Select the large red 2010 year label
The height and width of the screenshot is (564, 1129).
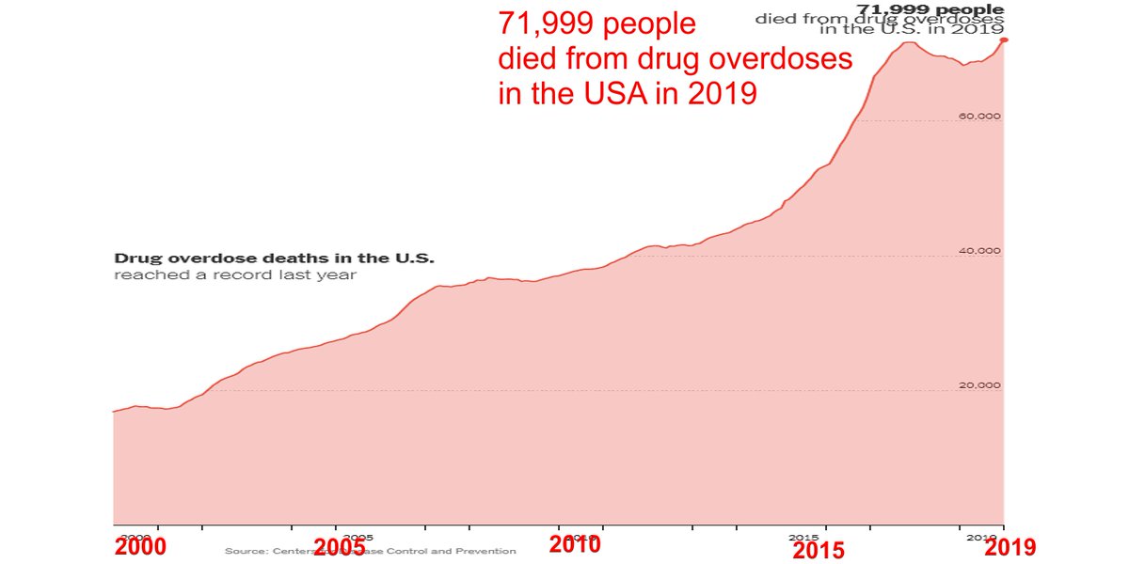click(575, 545)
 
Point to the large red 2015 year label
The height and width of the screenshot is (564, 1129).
click(819, 551)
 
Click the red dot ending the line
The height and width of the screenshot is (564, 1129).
click(1004, 39)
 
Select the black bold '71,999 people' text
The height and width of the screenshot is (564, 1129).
click(929, 9)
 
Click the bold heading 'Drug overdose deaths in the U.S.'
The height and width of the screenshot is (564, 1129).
click(274, 258)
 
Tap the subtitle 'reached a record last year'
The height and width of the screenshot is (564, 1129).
click(235, 275)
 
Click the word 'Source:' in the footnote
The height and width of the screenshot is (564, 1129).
click(242, 551)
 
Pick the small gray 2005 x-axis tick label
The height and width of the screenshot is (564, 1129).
click(358, 538)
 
